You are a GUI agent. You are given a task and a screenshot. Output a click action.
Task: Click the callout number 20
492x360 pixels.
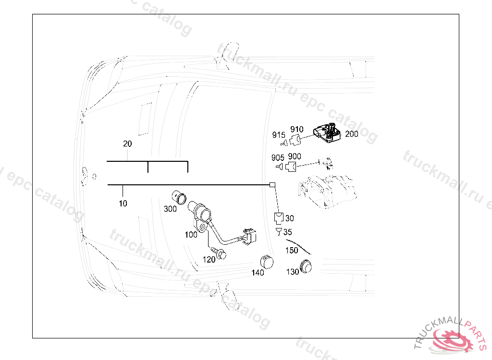(x=127, y=144)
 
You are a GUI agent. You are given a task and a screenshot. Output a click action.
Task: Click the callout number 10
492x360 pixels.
(x=123, y=204)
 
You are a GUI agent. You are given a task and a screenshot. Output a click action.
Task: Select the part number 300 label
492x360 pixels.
(x=171, y=209)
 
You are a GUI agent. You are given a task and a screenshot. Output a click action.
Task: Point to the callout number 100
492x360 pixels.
(x=191, y=235)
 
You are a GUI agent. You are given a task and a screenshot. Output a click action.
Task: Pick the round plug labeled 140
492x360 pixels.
(x=267, y=262)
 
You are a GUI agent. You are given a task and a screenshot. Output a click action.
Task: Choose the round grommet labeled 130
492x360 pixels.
(x=306, y=266)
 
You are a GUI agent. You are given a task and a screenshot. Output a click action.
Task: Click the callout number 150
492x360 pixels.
(x=292, y=250)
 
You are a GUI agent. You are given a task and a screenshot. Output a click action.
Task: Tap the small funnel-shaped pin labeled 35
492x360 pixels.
(x=279, y=232)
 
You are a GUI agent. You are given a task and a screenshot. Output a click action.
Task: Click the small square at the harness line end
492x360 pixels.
(x=272, y=185)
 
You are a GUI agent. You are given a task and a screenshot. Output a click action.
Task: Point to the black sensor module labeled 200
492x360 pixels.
(x=327, y=133)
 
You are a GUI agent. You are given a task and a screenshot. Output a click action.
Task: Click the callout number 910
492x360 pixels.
(x=297, y=129)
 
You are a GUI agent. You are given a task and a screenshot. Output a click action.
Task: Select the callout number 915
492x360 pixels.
(x=279, y=135)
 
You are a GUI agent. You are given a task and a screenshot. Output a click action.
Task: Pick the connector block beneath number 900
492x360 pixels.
(x=291, y=167)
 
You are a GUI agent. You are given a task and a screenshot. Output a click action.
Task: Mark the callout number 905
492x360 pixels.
(x=278, y=157)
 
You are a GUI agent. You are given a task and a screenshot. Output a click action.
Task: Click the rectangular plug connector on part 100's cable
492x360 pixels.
(x=250, y=237)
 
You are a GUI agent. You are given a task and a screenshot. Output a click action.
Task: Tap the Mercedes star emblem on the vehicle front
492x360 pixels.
(x=85, y=177)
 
